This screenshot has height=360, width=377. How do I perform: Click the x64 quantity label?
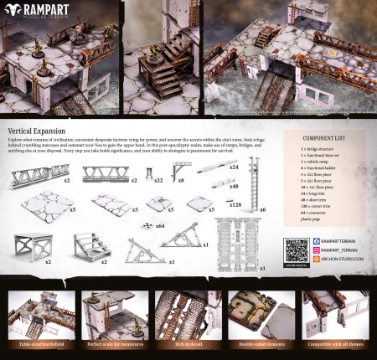tap(158, 226)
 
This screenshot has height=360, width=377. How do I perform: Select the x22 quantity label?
tap(158, 179)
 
